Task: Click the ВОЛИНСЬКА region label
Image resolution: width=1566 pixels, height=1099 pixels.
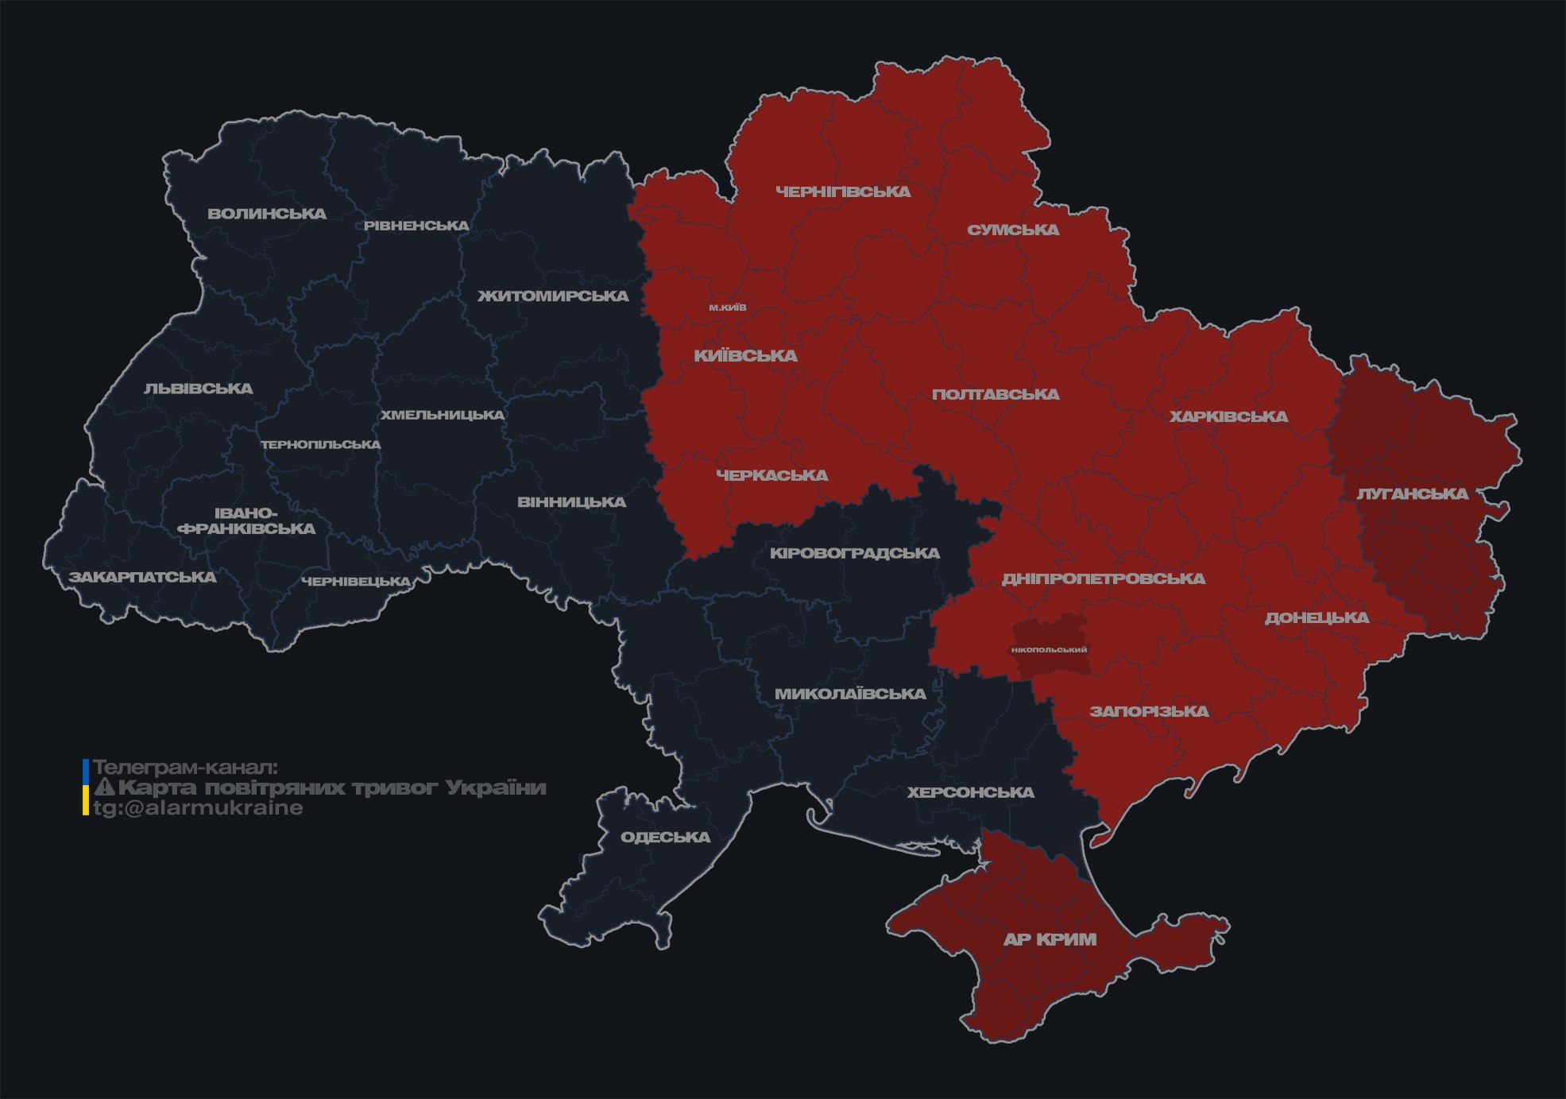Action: [267, 214]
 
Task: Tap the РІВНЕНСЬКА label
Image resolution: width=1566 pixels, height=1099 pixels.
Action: [416, 226]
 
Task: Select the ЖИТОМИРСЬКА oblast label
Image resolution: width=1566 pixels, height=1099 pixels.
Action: [553, 296]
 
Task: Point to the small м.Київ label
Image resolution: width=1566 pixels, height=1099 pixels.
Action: [728, 308]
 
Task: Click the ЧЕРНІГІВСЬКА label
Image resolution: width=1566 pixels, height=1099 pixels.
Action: [843, 192]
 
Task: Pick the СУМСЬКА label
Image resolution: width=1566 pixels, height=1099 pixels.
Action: [1013, 230]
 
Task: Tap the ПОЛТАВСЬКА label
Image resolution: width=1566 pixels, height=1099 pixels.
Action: [996, 395]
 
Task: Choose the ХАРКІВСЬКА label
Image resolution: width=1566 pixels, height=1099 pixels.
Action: [1228, 417]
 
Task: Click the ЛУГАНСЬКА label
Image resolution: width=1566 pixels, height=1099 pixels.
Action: [1412, 494]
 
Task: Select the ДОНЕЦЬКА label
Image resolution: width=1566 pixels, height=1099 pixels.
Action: [1317, 618]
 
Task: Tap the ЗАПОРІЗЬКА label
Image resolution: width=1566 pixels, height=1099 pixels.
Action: [1149, 712]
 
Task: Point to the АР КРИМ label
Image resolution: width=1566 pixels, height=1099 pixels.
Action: [1050, 940]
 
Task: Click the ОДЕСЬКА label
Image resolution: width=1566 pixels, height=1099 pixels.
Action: [665, 838]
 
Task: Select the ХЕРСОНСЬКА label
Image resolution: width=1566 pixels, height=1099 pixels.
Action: [970, 793]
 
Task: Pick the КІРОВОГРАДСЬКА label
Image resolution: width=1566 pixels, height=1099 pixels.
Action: [854, 553]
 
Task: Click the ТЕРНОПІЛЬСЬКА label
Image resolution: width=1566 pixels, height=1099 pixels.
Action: [321, 445]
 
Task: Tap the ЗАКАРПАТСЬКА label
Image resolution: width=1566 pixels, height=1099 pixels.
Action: [142, 577]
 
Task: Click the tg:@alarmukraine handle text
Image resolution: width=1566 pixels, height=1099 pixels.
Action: [198, 808]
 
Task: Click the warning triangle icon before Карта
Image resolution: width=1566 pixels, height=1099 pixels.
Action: [104, 787]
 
